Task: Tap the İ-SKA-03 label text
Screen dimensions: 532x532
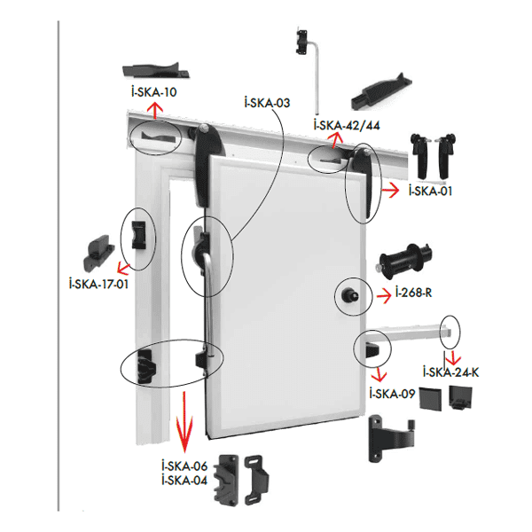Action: [267, 103]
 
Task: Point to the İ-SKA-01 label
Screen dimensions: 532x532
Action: [430, 190]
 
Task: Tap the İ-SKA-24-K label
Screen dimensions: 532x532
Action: [451, 372]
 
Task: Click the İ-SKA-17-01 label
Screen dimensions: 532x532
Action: [98, 284]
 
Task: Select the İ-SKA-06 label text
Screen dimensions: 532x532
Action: [184, 465]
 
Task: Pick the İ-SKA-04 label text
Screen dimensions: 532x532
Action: [184, 480]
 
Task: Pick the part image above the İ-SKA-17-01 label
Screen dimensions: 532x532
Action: [97, 252]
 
